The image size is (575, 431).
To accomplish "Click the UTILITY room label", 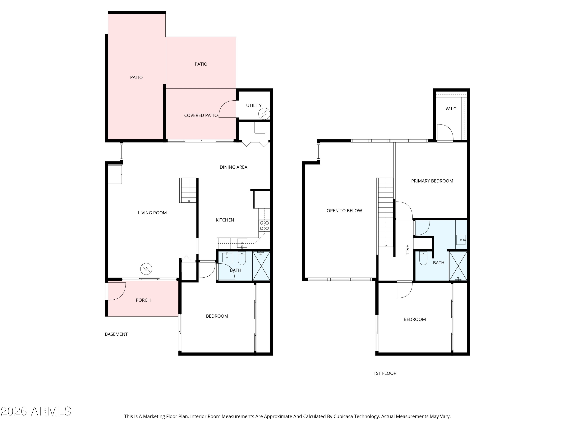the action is [254, 106].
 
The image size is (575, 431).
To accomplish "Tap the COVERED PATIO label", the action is [201, 115].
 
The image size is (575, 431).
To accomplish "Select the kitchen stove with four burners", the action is [264, 225].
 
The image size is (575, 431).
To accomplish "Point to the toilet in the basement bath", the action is [242, 258].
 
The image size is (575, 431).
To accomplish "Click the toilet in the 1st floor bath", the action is [423, 258].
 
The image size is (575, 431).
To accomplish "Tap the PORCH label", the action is [143, 300].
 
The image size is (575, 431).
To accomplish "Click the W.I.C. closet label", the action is [451, 109].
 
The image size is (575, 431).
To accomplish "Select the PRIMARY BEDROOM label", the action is [432, 181].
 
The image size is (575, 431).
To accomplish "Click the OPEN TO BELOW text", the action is [344, 211].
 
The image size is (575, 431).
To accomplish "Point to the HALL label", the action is [407, 249].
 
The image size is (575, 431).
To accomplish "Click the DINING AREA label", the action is [233, 167].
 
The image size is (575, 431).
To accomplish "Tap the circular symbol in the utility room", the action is [264, 114].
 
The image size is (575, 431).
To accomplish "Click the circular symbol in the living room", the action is [146, 269].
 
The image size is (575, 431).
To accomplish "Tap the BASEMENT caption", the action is [116, 334].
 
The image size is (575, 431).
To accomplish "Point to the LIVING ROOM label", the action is [152, 213].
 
